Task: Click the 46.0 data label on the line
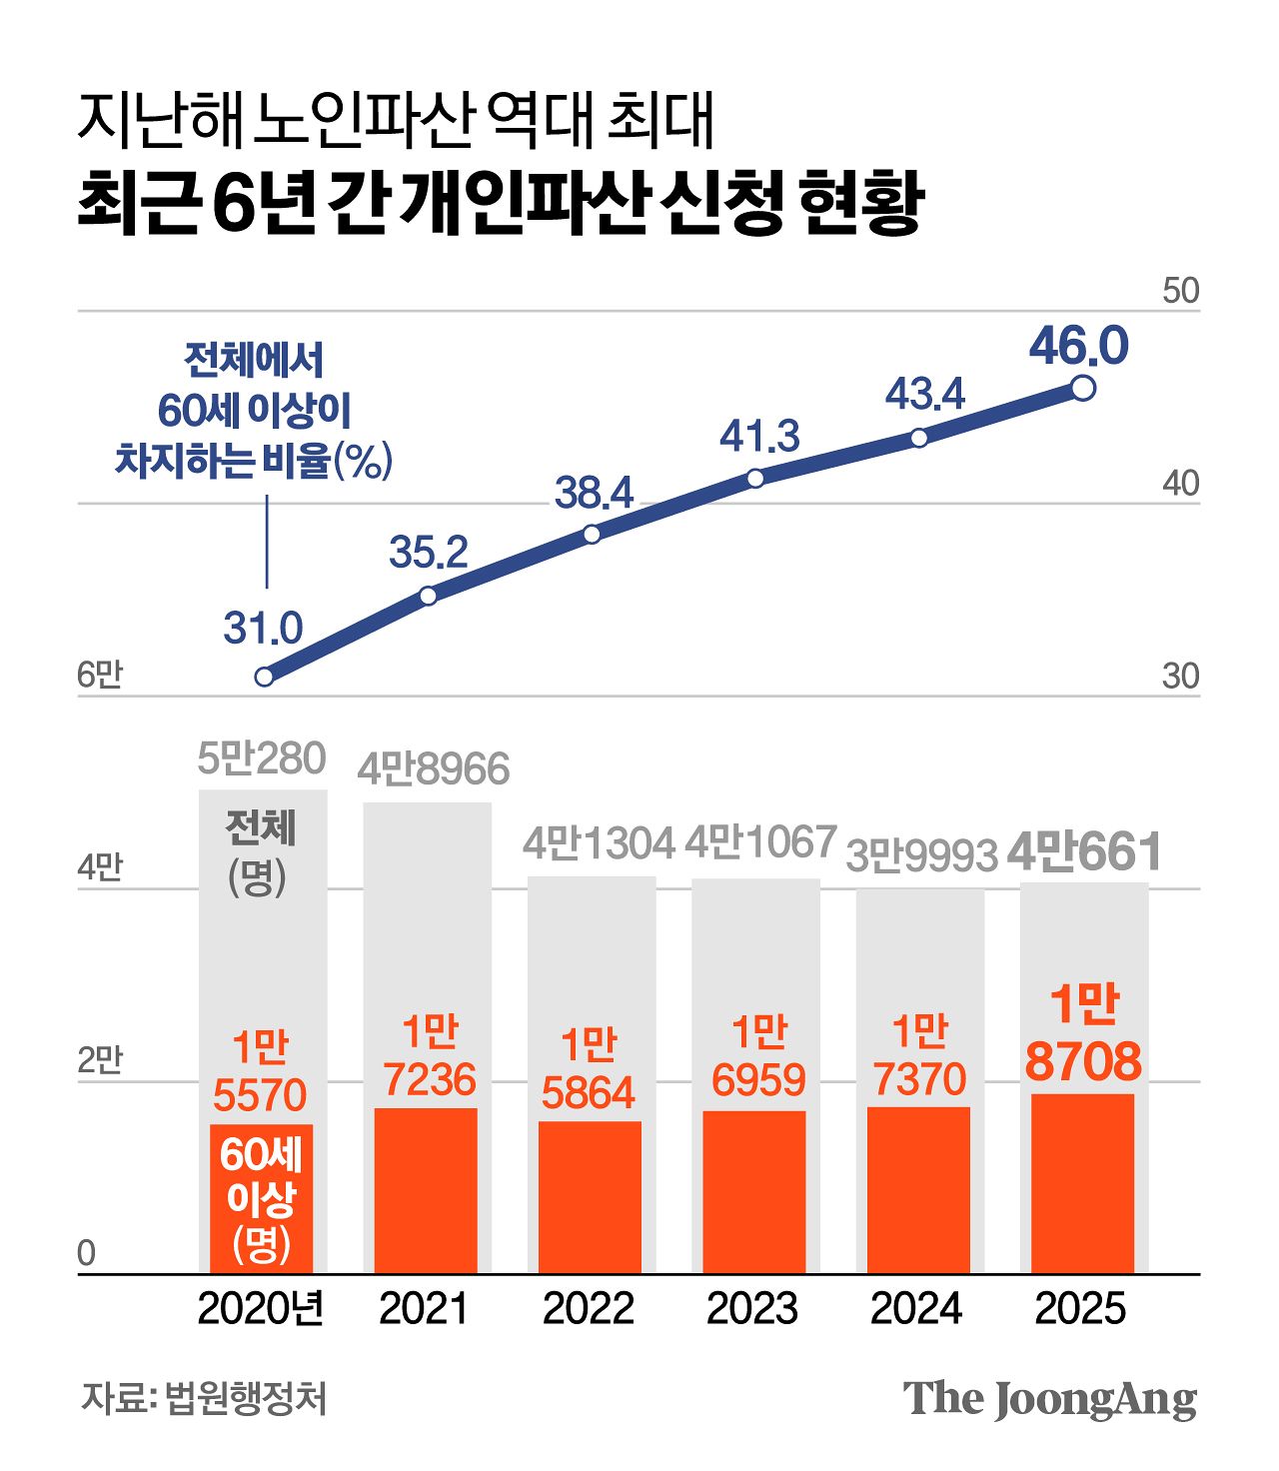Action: tap(1079, 346)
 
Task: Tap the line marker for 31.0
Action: tap(264, 677)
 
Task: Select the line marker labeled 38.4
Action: tap(592, 534)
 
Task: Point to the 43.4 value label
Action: tap(924, 394)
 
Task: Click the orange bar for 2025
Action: tap(1082, 1184)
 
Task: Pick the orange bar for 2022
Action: tap(590, 1197)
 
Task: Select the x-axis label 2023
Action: tap(752, 1308)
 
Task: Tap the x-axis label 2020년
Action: tap(261, 1308)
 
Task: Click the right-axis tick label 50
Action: tap(1180, 291)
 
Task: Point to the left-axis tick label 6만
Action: tap(99, 676)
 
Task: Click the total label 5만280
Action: tap(262, 759)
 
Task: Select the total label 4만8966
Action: tap(434, 769)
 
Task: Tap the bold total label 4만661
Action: tap(1084, 852)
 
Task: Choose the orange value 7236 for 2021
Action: tap(430, 1079)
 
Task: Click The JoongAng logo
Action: tap(1049, 1399)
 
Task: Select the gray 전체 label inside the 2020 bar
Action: tap(261, 827)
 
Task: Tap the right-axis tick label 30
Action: tap(1180, 677)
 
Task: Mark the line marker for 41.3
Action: tap(755, 478)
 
